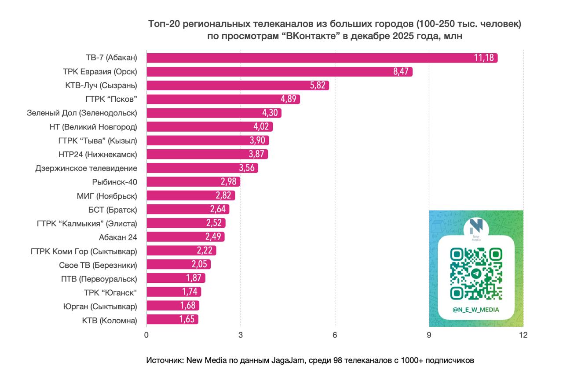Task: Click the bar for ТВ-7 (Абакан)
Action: click(321, 58)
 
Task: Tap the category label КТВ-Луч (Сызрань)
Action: click(101, 85)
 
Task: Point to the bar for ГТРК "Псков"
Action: click(223, 99)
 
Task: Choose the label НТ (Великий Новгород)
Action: click(93, 127)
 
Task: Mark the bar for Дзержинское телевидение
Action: click(202, 168)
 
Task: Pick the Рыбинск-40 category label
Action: click(115, 181)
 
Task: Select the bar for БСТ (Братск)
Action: click(187, 209)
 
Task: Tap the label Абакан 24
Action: click(118, 237)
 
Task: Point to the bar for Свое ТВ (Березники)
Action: click(178, 264)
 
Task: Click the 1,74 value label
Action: click(190, 292)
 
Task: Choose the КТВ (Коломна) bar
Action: click(172, 319)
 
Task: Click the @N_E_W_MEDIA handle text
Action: click(476, 310)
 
